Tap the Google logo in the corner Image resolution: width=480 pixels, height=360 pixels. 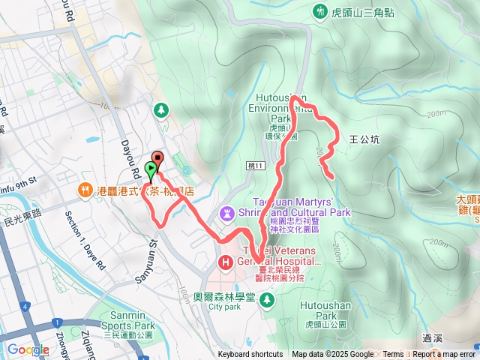[x=28, y=349]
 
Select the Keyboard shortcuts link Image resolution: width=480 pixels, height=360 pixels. [x=250, y=355]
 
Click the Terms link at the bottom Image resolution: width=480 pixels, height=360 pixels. [x=393, y=355]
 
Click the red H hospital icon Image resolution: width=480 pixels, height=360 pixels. [x=224, y=262]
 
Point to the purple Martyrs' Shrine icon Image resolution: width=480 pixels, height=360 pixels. [x=226, y=214]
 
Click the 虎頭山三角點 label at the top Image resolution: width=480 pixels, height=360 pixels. [x=367, y=10]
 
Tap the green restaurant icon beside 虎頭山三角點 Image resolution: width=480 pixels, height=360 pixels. [x=321, y=10]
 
